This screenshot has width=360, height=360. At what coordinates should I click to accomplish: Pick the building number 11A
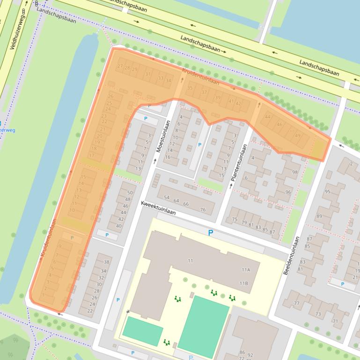point(246,270)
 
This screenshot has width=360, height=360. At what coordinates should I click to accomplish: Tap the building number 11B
point(243,283)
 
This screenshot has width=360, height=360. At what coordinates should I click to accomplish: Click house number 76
point(203,209)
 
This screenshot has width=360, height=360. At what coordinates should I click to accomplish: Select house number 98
point(295,172)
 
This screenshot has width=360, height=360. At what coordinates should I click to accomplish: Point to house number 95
point(327,191)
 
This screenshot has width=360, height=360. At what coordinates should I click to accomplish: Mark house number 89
point(319,216)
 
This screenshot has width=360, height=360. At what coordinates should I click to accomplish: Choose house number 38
point(106,262)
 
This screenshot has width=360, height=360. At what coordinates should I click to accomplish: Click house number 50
point(130,193)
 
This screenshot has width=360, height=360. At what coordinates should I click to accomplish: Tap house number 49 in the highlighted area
point(298,136)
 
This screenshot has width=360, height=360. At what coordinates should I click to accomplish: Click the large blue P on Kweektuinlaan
point(210,232)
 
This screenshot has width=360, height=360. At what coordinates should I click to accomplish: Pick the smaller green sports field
point(143,331)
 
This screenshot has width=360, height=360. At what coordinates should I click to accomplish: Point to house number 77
point(296,303)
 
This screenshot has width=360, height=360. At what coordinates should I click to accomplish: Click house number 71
point(335,321)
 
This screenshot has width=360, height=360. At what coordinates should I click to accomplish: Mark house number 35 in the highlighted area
point(190,87)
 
